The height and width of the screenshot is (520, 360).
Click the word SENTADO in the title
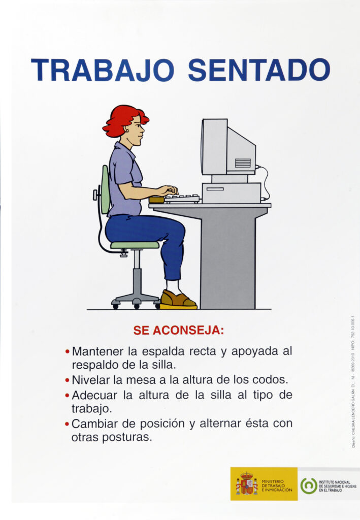(x=259, y=71)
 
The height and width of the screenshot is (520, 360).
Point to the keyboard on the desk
(x=182, y=198)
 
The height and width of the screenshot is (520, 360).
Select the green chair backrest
(x=105, y=189)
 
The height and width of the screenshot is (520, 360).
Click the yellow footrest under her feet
(x=178, y=307)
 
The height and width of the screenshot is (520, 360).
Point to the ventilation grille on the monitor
(x=243, y=163)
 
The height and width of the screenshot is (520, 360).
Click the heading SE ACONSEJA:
(x=178, y=330)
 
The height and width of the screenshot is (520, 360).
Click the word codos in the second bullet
(x=272, y=379)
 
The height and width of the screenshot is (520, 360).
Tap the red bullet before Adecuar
(x=68, y=395)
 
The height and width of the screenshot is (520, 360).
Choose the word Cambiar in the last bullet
(x=94, y=423)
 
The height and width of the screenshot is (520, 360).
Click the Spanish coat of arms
(x=246, y=484)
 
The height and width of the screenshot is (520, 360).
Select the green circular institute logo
(x=308, y=485)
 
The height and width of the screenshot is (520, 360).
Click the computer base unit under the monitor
(x=231, y=192)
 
